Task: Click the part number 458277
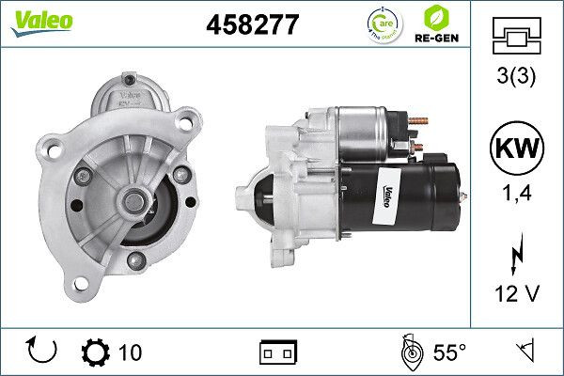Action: (251, 24)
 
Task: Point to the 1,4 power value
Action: (517, 195)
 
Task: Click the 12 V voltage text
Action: (517, 294)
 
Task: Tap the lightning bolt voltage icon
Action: (516, 257)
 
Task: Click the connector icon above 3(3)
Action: (517, 38)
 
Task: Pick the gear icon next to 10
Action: (96, 352)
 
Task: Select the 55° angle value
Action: (449, 352)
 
